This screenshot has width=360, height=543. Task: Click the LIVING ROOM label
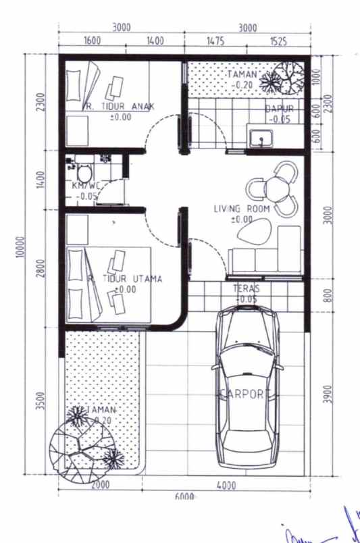point(241,209)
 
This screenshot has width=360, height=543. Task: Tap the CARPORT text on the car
point(246,394)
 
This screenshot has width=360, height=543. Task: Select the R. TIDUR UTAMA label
point(126,278)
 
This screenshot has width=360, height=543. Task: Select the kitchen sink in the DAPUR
point(260,139)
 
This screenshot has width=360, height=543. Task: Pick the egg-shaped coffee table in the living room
point(253,233)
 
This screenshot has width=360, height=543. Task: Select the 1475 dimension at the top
point(215,41)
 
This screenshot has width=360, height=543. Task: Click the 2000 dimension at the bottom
point(100,485)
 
